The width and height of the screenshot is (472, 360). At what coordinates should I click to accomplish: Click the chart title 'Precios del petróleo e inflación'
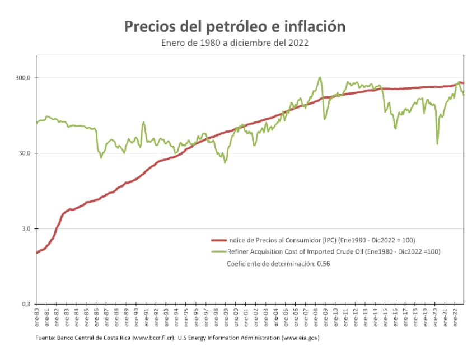(234, 26)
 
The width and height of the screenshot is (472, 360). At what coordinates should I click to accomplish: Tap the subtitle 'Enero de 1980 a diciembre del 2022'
(234, 42)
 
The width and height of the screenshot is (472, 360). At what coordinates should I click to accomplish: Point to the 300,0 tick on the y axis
(22, 78)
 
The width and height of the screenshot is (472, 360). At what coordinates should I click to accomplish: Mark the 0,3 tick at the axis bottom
(25, 304)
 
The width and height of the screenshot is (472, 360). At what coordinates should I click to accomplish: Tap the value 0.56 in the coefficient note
(324, 263)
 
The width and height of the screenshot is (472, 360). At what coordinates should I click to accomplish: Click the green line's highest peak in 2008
(320, 77)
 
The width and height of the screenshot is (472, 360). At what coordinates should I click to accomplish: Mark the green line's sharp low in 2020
(437, 144)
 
